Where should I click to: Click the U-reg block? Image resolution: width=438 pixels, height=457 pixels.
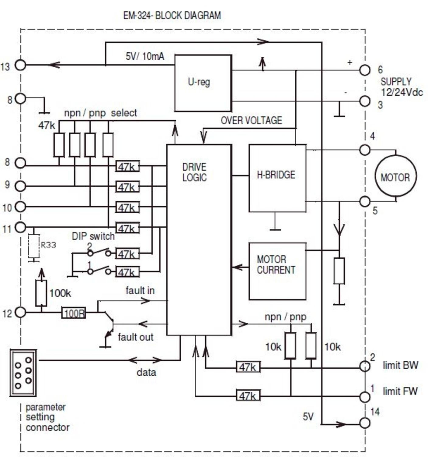tap(203, 83)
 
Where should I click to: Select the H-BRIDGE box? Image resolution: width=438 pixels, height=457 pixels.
tap(277, 178)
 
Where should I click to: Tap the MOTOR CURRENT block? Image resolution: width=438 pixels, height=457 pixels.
tap(277, 271)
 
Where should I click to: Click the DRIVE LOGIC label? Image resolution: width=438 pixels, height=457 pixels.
tap(194, 172)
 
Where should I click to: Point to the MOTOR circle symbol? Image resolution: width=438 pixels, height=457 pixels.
tap(395, 177)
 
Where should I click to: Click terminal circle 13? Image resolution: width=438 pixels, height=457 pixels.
tap(20, 65)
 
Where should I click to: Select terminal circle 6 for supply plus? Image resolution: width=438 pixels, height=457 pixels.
tap(365, 70)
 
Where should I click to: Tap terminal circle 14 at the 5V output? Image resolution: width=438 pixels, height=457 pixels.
tap(365, 423)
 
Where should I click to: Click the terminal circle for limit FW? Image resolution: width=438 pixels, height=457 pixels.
tap(365, 396)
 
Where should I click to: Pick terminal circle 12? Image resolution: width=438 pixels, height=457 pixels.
tap(20, 312)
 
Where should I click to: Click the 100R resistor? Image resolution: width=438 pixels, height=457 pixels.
tap(74, 313)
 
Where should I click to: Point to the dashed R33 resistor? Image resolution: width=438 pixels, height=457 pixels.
tap(34, 246)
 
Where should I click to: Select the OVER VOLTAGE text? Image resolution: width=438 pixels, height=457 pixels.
tap(251, 121)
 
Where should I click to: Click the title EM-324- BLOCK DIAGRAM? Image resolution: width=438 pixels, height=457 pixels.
tap(172, 16)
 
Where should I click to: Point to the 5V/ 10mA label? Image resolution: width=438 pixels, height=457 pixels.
tap(145, 56)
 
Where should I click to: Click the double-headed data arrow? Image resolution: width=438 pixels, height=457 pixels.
tap(145, 360)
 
